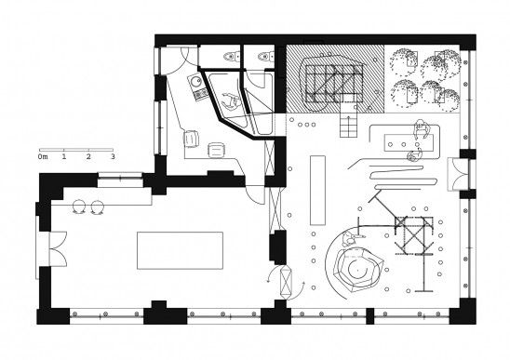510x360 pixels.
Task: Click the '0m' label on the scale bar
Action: pyautogui.click(x=43, y=157)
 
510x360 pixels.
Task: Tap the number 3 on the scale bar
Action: pyautogui.click(x=113, y=156)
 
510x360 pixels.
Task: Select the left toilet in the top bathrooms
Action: pyautogui.click(x=231, y=57)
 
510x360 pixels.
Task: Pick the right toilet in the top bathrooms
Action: pyautogui.click(x=266, y=57)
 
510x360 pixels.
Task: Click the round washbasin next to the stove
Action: pyautogui.click(x=196, y=81)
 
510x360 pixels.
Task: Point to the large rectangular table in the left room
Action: pyautogui.click(x=180, y=250)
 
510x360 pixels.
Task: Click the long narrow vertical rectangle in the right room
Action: pyautogui.click(x=317, y=191)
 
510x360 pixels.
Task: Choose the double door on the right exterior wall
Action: pyautogui.click(x=459, y=174)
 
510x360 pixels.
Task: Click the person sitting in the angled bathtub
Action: pyautogui.click(x=231, y=100)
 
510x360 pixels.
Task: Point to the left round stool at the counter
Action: pyautogui.click(x=79, y=207)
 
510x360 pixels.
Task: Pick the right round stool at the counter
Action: pyautogui.click(x=97, y=207)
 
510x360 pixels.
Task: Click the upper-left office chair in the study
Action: pyautogui.click(x=192, y=139)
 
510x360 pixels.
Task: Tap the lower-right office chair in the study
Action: pyautogui.click(x=216, y=150)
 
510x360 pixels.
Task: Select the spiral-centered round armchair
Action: pyautogui.click(x=358, y=267)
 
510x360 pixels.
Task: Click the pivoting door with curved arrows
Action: pyautogui.click(x=286, y=282)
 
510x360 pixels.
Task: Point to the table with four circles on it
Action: pyautogui.click(x=409, y=143)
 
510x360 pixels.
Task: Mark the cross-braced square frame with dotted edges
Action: pyautogui.click(x=414, y=235)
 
